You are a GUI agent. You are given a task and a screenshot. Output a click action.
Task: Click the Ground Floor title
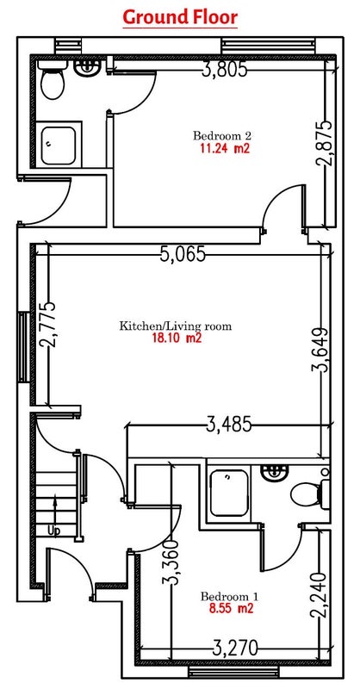tap(180, 17)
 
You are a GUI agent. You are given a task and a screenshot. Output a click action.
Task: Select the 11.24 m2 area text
tap(225, 148)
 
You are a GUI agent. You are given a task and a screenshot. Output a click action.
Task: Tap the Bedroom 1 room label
tap(229, 596)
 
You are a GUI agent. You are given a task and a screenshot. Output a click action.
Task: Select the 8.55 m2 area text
tap(231, 609)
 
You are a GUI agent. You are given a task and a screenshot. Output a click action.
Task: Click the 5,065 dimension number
tap(183, 254)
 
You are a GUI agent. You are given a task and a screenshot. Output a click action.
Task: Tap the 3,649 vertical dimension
tap(320, 350)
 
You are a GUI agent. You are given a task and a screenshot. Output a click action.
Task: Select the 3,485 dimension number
tap(229, 425)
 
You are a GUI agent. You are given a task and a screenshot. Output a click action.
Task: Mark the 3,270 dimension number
tap(235, 648)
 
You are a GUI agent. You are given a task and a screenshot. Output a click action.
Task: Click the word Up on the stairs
tap(53, 531)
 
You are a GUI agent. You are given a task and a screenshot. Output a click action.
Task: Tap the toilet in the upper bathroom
tap(53, 79)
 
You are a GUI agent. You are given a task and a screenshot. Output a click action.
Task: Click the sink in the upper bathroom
tap(88, 67)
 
